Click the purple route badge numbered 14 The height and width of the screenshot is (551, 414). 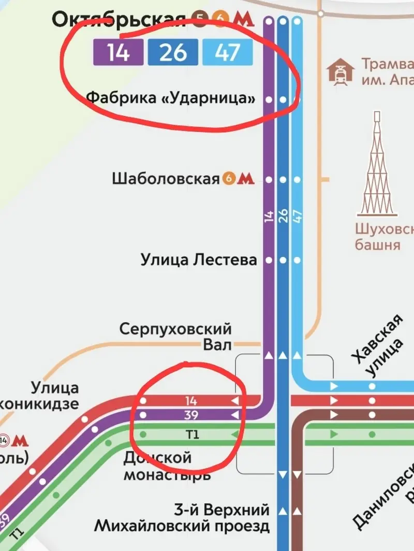tap(119, 53)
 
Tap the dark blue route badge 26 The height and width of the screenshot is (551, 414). tap(173, 53)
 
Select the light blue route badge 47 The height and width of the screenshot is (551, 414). tap(228, 53)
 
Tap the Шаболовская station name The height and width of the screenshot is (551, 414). tap(166, 179)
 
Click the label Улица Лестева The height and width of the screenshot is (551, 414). tap(199, 259)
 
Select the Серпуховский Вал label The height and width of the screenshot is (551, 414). tap(175, 336)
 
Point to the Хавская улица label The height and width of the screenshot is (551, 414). tap(376, 345)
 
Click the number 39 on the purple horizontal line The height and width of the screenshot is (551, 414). tap(191, 415)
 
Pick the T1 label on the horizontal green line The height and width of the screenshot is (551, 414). tap(191, 434)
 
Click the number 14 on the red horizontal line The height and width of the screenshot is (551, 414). tap(191, 401)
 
